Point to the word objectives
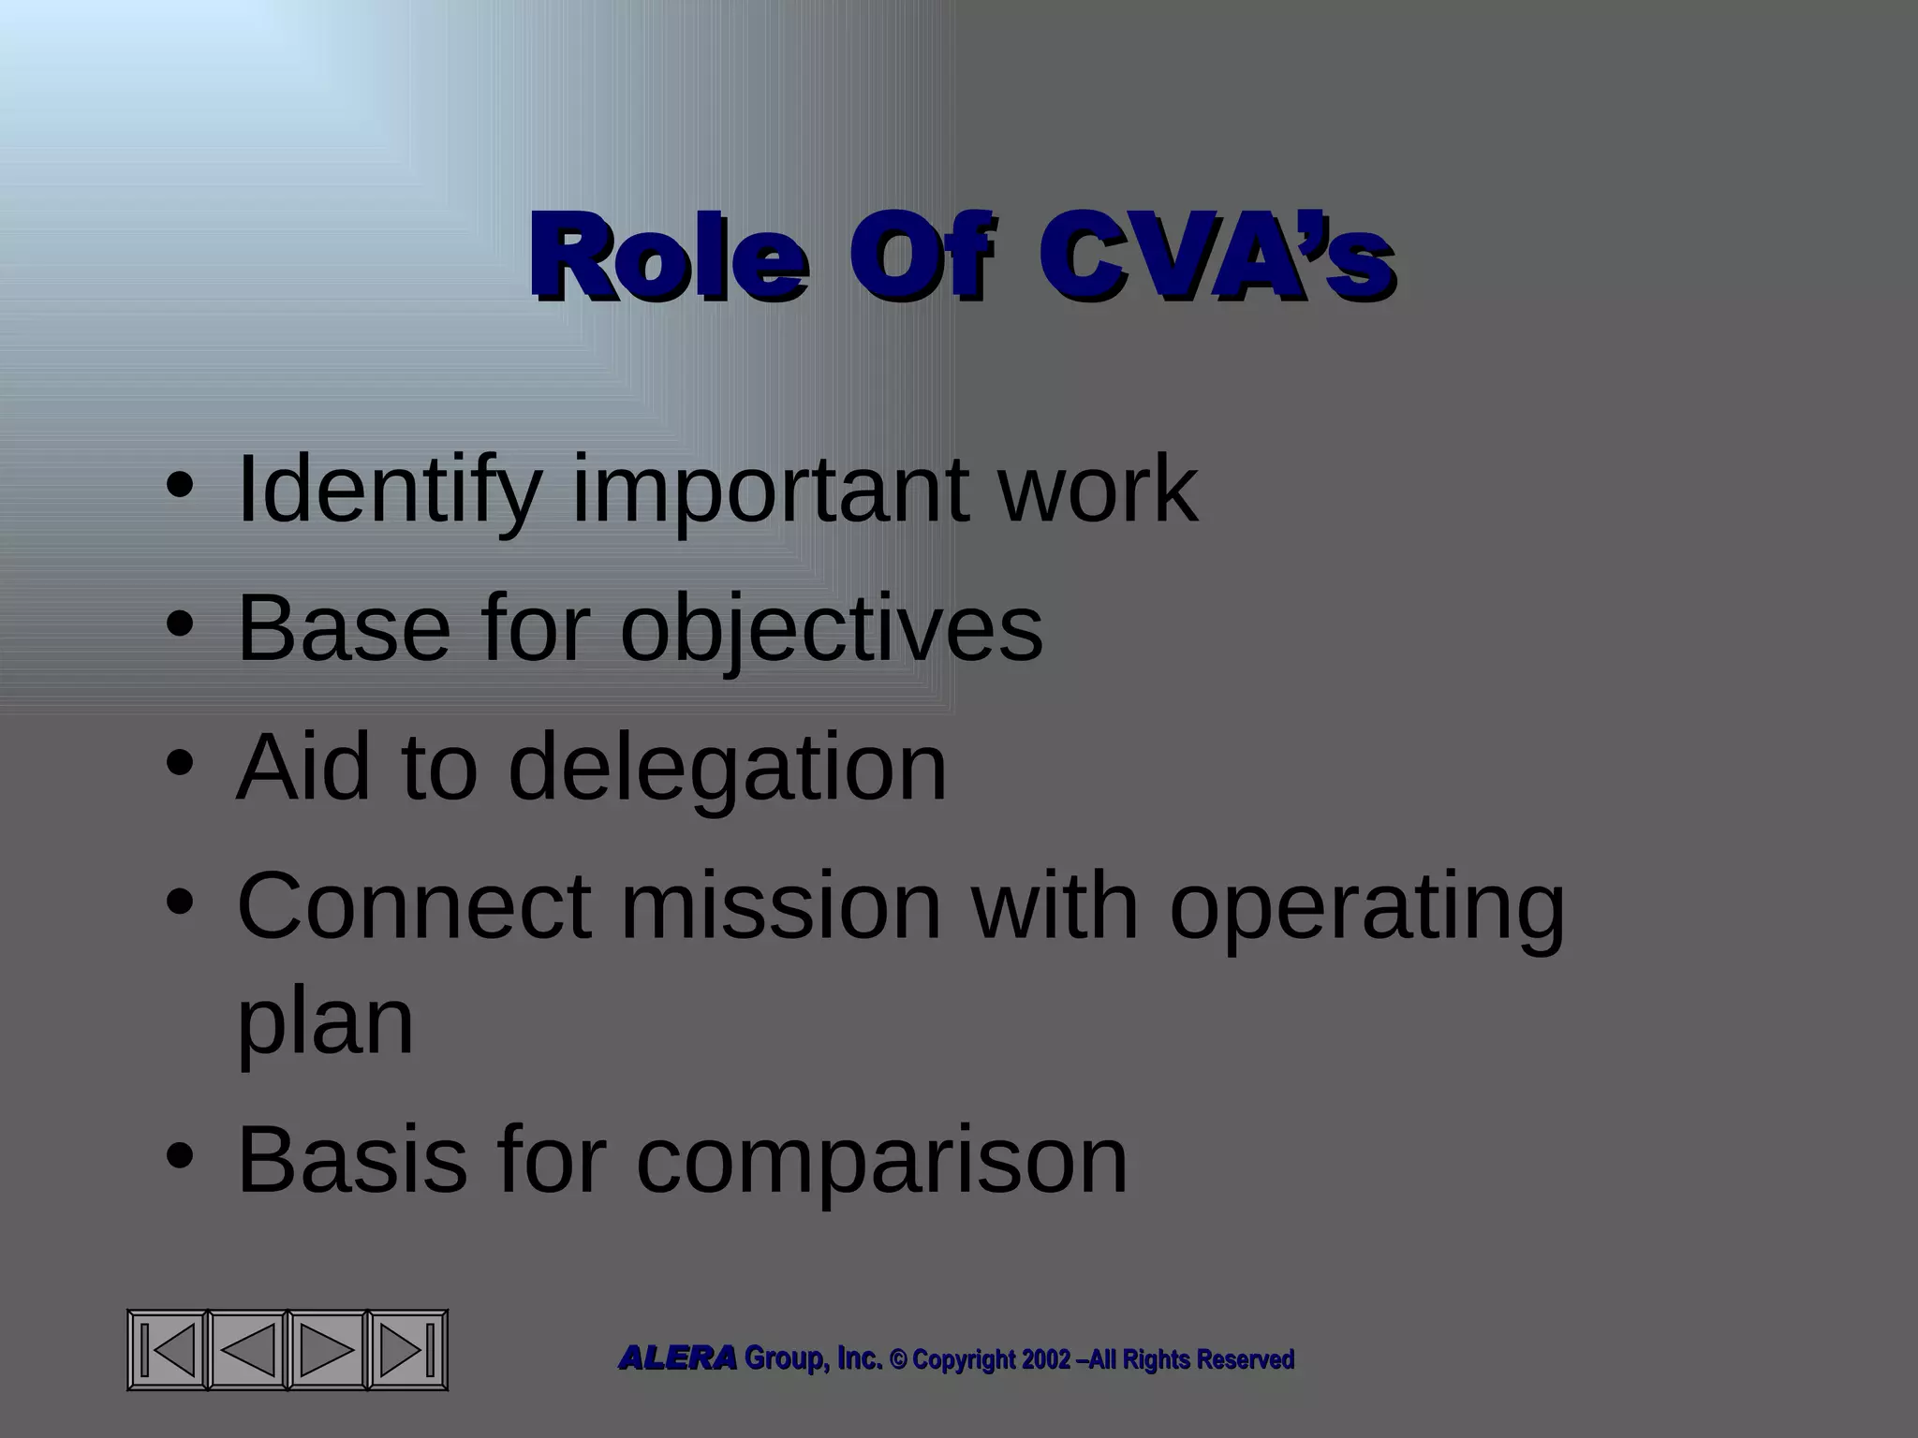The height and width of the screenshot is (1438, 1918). [831, 629]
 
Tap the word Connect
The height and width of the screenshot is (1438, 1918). [414, 905]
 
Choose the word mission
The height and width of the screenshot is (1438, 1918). [780, 905]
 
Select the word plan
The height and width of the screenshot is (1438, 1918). [325, 1022]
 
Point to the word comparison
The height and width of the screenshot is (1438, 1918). [881, 1162]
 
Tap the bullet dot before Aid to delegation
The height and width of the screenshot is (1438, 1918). [179, 763]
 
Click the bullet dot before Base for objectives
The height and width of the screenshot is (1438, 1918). [179, 624]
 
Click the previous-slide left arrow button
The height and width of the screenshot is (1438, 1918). [247, 1350]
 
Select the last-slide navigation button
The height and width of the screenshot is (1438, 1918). [406, 1350]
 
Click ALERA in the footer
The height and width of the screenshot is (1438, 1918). [677, 1358]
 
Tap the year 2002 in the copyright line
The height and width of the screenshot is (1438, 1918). [1045, 1359]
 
